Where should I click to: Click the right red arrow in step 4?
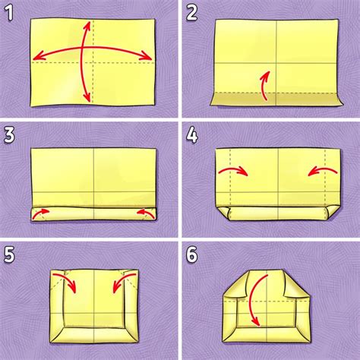[x=322, y=172]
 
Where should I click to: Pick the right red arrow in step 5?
[x=118, y=282]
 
